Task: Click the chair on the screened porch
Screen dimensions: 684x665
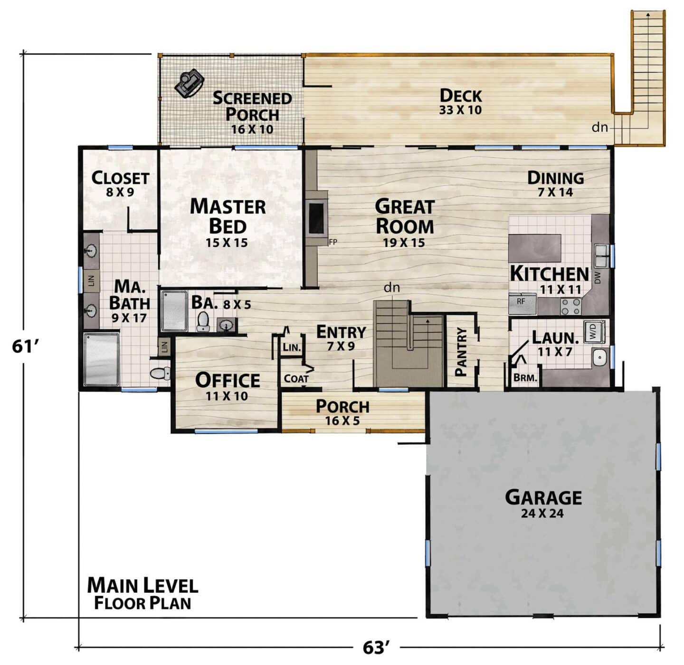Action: pyautogui.click(x=190, y=83)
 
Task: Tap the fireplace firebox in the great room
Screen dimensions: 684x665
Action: pyautogui.click(x=316, y=218)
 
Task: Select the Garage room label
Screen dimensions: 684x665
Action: pyautogui.click(x=543, y=497)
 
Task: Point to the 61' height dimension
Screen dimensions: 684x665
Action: pyautogui.click(x=25, y=347)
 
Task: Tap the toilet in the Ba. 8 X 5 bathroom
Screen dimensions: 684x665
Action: pyautogui.click(x=203, y=321)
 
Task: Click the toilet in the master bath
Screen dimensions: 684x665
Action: pyautogui.click(x=160, y=373)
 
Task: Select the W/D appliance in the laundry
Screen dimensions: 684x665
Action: pyautogui.click(x=594, y=331)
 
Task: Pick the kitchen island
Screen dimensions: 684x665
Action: pyautogui.click(x=535, y=248)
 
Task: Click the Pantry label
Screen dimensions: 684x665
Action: pyautogui.click(x=460, y=352)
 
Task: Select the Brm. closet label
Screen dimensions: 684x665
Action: pyautogui.click(x=525, y=378)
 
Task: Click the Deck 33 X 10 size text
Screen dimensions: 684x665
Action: pyautogui.click(x=460, y=110)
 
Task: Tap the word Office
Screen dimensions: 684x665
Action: pyautogui.click(x=228, y=380)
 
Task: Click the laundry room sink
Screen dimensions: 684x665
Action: pyautogui.click(x=598, y=357)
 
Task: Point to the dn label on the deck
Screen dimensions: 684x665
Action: pyautogui.click(x=599, y=127)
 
